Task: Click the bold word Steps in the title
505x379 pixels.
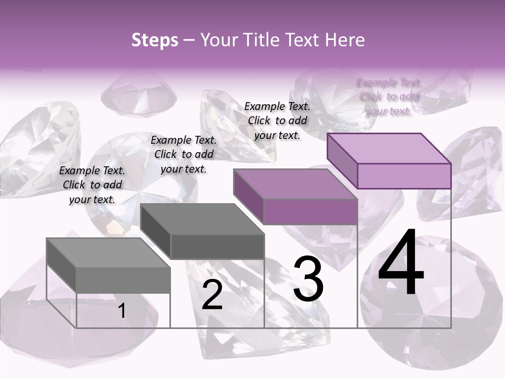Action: pos(155,40)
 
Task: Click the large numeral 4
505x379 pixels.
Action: pos(401,263)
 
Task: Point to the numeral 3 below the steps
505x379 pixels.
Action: pos(308,279)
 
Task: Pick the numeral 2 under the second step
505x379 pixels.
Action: pos(212,295)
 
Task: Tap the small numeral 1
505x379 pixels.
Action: pos(122,311)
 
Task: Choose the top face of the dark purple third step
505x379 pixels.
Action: pos(295,184)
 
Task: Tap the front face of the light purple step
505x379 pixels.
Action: pos(404,176)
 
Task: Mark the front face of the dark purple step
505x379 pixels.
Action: pos(310,212)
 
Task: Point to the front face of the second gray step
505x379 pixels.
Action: pos(217,246)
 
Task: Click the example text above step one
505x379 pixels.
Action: pos(92,185)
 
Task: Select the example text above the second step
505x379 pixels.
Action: pos(184,154)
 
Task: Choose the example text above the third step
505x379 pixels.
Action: pos(277,121)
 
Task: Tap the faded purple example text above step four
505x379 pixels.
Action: pos(389,97)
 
